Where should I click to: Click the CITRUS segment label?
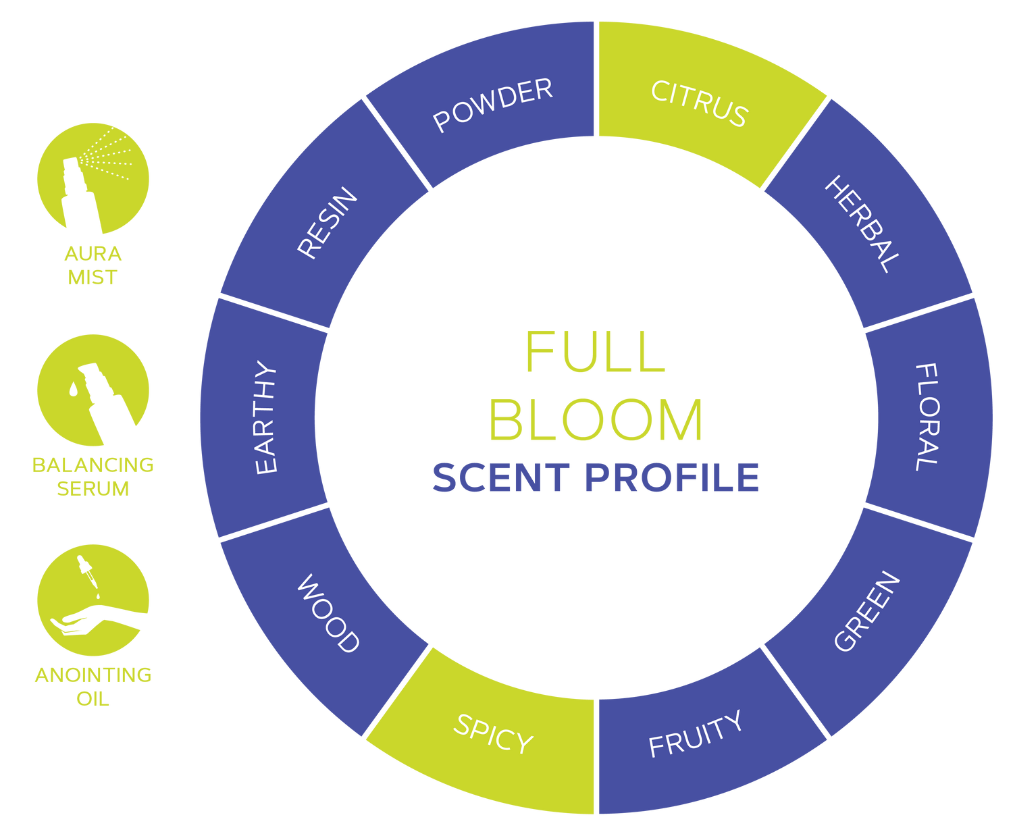699,103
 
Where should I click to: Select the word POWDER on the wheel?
493,105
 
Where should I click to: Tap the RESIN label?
328,223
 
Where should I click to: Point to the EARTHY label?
266,418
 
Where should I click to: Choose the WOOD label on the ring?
328,613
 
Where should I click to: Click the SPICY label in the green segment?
493,733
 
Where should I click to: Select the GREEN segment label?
867,612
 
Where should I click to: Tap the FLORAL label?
927,417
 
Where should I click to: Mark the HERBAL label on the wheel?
862,224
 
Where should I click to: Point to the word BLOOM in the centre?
596,419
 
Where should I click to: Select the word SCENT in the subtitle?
500,477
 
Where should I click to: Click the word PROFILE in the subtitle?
672,477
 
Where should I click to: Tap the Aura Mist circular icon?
93,178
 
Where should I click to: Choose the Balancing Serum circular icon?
93,390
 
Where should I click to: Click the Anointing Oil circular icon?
93,600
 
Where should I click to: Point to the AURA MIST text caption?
93,265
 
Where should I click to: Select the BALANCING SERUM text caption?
93,476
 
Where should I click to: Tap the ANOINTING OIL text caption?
93,686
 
